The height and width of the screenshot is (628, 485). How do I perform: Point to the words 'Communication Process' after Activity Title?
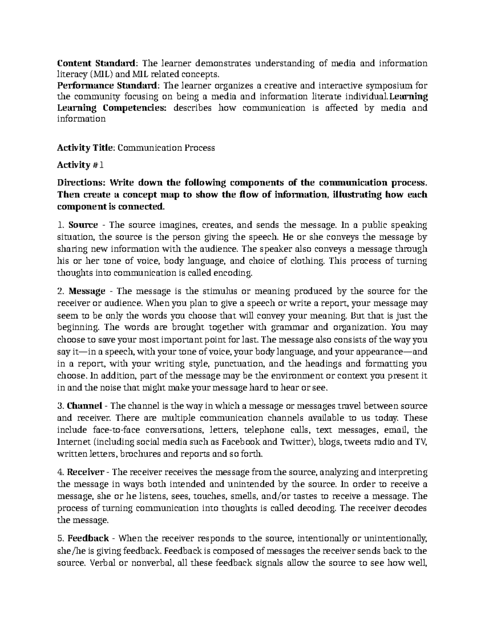pyautogui.click(x=167, y=148)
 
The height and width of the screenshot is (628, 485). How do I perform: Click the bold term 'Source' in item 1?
pyautogui.click(x=83, y=225)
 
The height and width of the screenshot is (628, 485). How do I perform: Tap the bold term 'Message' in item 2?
pyautogui.click(x=86, y=291)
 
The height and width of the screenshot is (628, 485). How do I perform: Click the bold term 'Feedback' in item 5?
pyautogui.click(x=88, y=538)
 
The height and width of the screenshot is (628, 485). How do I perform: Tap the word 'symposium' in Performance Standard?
pyautogui.click(x=388, y=85)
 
